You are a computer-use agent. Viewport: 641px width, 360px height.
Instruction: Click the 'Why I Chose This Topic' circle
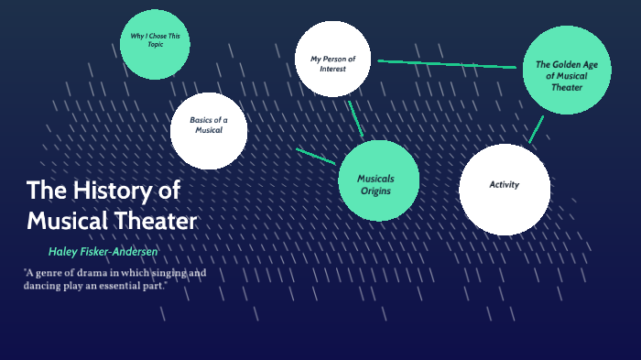pos(156,42)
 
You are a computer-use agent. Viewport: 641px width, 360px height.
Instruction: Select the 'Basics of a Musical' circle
pos(209,130)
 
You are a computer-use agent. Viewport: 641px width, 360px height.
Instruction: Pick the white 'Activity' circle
pos(504,189)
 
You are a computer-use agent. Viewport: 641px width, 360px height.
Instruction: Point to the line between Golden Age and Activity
pos(536,129)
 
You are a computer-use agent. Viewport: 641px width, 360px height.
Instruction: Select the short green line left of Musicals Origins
pos(315,156)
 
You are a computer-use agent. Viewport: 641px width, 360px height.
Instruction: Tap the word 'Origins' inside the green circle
pos(375,191)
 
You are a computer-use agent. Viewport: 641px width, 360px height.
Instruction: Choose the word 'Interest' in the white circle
pos(332,69)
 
